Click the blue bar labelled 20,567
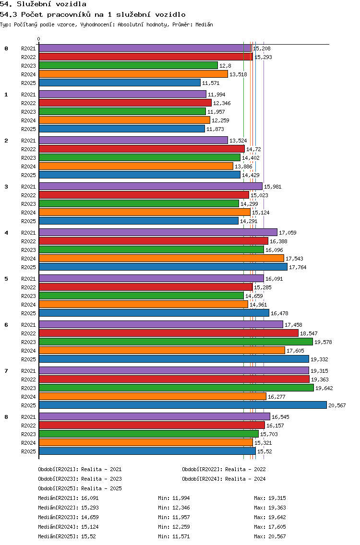[x=182, y=405]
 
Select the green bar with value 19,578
[x=176, y=342]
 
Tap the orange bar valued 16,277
[x=153, y=396]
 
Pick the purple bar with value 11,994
[x=122, y=94]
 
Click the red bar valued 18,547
[x=168, y=333]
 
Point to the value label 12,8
[x=225, y=66]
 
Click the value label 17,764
[x=298, y=267]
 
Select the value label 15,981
[x=273, y=187]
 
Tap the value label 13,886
[x=243, y=166]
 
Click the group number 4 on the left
[x=6, y=233]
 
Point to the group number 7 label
[x=6, y=371]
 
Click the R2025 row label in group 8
[x=28, y=451]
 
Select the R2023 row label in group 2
[x=28, y=158]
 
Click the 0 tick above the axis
[x=38, y=39]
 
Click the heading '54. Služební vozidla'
[x=43, y=4]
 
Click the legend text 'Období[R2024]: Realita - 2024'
[x=224, y=479]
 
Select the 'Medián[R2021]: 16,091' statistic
[x=68, y=498]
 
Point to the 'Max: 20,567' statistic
[x=270, y=536]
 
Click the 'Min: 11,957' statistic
[x=174, y=517]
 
